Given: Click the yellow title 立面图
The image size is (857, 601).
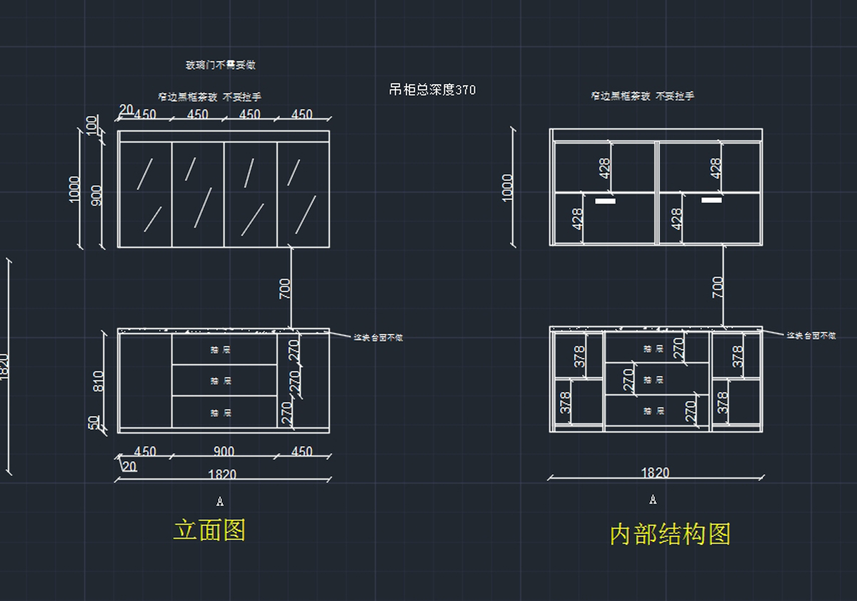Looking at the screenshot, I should (x=209, y=530).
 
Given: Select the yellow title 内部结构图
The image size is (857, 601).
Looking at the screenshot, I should (x=670, y=534).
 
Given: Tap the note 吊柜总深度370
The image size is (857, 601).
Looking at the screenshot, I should (x=432, y=89).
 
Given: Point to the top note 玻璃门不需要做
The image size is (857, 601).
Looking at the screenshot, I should (x=221, y=65).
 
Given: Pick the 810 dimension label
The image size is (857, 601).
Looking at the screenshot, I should (x=98, y=381).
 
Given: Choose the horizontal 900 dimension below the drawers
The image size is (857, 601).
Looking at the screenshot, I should (x=224, y=452).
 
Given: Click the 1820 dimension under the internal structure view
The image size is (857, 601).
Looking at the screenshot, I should (x=655, y=472).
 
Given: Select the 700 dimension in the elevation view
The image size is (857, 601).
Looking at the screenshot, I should (x=285, y=288).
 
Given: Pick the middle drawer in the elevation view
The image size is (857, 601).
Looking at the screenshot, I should (x=224, y=380).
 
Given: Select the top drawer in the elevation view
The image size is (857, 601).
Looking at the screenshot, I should (x=224, y=349).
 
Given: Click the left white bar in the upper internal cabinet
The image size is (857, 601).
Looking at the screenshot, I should (x=605, y=202).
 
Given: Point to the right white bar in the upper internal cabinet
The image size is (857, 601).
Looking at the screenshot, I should (x=711, y=200).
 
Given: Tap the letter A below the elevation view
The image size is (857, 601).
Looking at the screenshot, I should (x=220, y=502).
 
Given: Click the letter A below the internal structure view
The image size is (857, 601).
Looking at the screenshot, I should (x=653, y=500).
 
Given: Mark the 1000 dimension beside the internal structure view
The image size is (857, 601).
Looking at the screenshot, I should (x=508, y=187).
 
